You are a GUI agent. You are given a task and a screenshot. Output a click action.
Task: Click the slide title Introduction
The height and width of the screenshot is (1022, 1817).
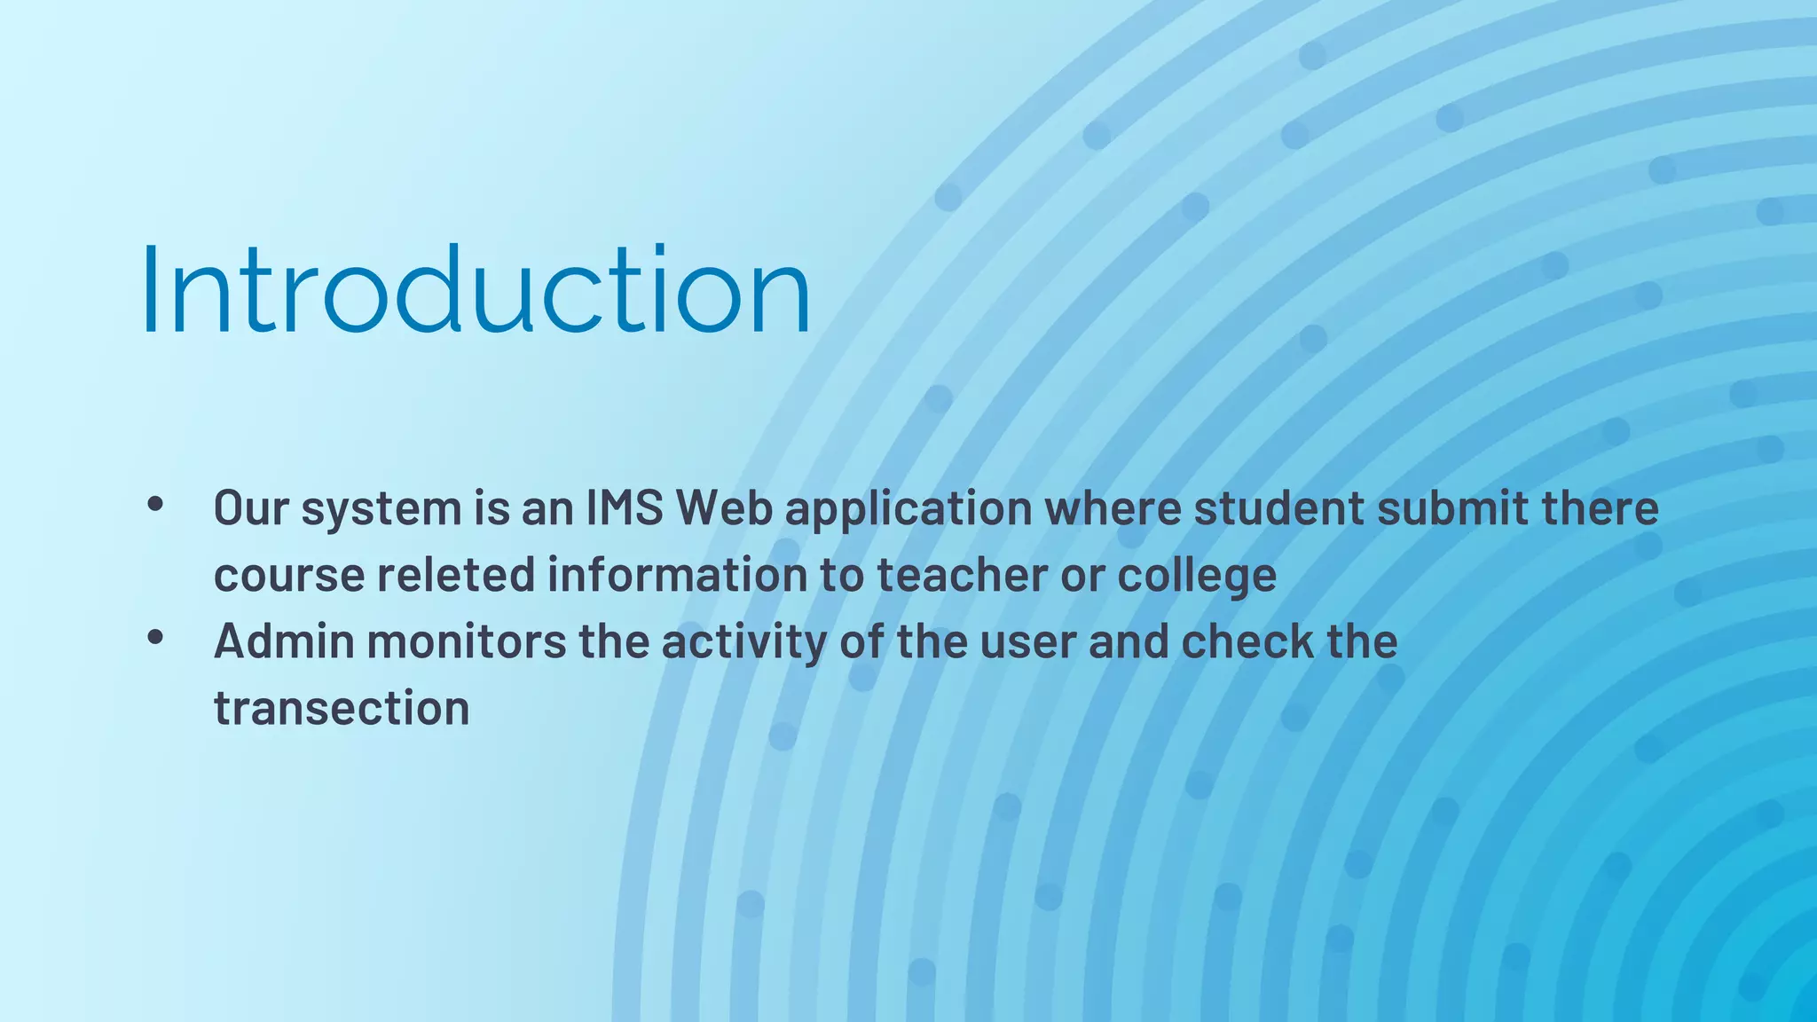476,289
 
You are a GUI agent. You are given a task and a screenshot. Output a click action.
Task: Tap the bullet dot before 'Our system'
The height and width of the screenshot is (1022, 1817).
156,505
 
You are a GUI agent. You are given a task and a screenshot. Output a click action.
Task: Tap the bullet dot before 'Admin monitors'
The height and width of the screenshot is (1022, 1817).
156,637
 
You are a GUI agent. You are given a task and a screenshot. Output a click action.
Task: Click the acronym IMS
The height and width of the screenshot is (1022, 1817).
625,508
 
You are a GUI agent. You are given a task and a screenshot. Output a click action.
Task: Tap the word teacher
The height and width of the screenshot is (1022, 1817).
962,575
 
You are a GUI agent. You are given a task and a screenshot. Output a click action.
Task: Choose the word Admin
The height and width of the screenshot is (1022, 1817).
284,641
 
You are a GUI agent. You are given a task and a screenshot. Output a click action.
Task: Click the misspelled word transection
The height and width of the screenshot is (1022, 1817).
342,708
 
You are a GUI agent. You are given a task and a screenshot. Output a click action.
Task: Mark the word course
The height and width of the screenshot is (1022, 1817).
289,575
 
